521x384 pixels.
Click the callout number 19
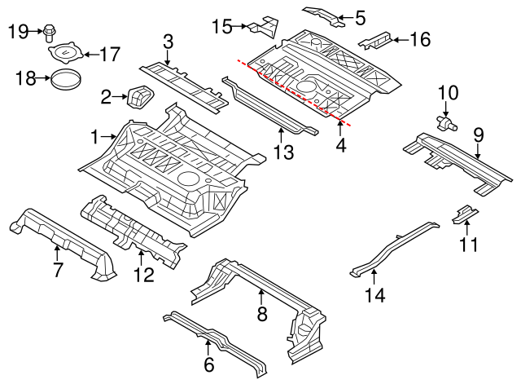18,32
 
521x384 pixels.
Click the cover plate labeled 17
66,55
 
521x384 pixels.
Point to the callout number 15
221,26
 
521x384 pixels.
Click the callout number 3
168,41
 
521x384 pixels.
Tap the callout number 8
260,314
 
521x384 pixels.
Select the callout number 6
208,364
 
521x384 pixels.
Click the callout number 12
142,275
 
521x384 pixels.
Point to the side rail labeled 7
61,236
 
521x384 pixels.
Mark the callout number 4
342,145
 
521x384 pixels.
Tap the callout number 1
95,136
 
